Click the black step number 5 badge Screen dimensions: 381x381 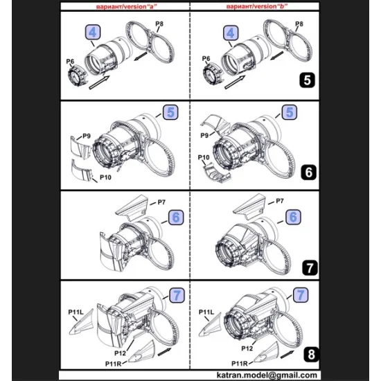[308, 80]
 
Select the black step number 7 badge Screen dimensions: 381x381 [308, 265]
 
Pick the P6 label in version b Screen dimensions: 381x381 [206, 59]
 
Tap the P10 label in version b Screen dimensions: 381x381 [206, 159]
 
